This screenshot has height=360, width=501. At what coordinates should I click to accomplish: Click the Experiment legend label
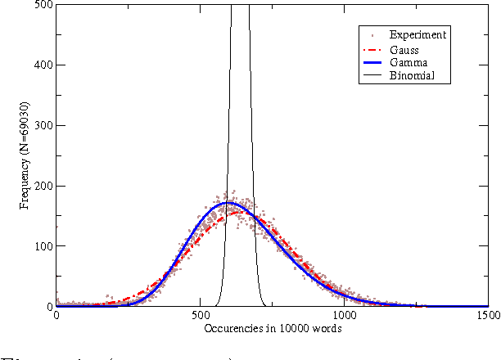[417, 35]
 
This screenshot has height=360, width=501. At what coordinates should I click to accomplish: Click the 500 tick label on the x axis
[200, 315]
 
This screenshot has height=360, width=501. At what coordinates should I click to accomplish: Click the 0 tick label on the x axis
[56, 315]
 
